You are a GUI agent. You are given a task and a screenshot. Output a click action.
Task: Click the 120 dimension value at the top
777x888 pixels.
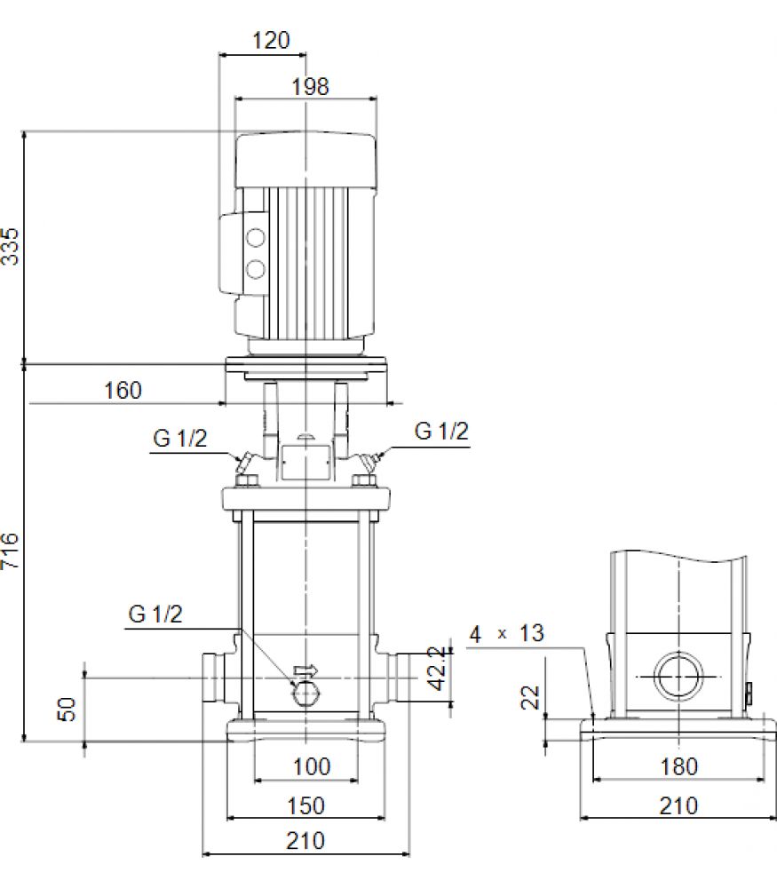[271, 40]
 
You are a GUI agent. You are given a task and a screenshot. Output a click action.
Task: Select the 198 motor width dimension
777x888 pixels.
[310, 87]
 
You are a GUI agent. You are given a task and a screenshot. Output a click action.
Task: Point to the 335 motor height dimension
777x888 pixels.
[10, 246]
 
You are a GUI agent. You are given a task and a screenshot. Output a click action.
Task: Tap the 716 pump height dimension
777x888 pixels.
[10, 551]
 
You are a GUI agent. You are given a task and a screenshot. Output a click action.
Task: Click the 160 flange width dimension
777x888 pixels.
[123, 390]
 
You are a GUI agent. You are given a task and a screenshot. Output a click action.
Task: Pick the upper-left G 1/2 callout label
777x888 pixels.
[180, 439]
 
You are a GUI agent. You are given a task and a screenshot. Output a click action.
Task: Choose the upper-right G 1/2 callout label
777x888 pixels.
[441, 431]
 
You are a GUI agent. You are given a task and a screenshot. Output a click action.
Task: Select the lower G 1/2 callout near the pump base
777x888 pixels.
[155, 614]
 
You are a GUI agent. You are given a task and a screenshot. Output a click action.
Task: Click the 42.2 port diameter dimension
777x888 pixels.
[437, 669]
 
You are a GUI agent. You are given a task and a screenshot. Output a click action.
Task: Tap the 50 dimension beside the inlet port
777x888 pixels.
[67, 709]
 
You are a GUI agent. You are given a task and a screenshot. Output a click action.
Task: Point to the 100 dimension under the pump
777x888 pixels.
[312, 766]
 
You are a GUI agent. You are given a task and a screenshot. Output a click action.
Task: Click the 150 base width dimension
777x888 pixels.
[305, 805]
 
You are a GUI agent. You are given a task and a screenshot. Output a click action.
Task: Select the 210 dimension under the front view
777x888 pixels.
[305, 840]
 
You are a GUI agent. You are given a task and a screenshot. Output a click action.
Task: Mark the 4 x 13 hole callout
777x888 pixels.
[506, 633]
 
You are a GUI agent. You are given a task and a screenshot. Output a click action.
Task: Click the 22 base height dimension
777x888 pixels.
[531, 697]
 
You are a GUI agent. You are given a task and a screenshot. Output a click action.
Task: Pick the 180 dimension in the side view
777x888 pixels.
[679, 766]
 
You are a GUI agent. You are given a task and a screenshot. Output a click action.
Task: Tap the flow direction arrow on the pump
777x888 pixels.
[305, 670]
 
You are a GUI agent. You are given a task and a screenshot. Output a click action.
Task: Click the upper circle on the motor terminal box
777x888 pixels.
[256, 237]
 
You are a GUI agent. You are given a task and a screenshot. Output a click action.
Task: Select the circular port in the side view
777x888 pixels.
[678, 676]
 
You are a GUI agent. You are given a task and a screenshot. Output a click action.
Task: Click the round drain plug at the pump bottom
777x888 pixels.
[306, 693]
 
